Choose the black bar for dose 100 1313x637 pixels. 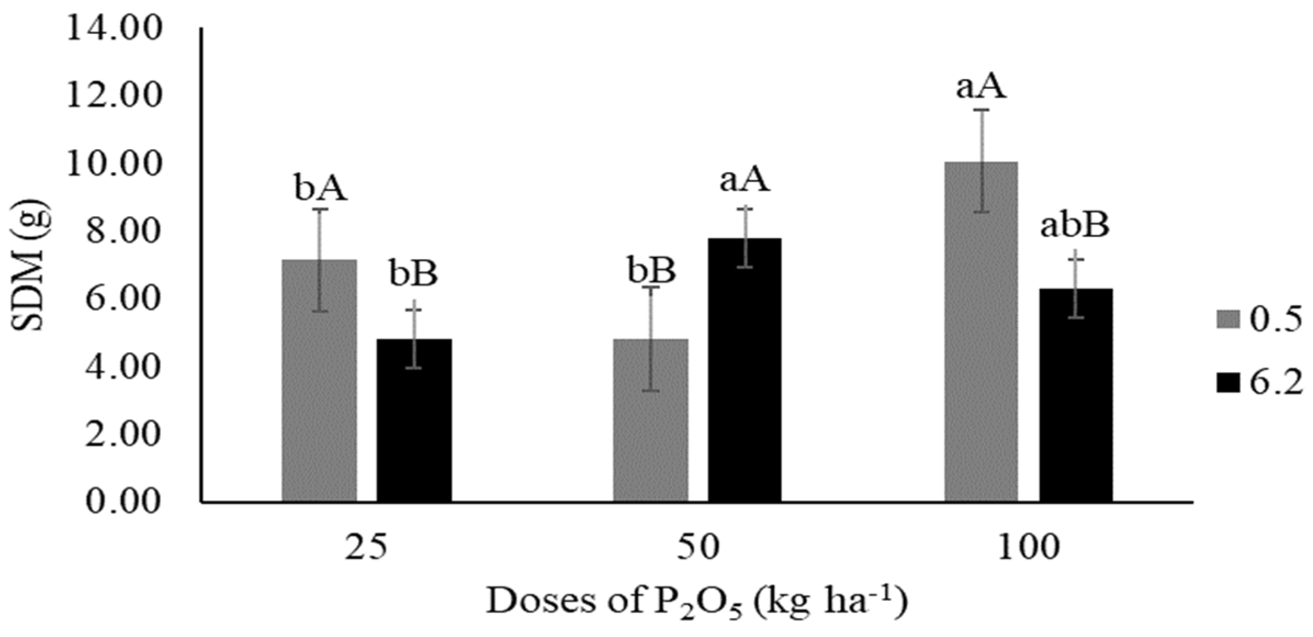(1076, 395)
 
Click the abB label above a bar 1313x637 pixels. (1075, 227)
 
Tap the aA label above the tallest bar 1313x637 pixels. (982, 88)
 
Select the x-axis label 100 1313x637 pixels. (1028, 548)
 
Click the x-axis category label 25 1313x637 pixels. (366, 548)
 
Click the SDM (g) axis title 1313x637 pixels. (31, 266)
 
